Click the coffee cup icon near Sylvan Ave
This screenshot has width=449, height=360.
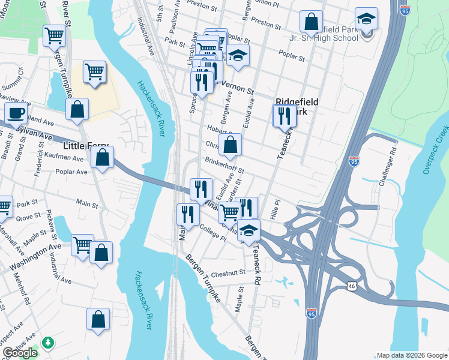pos(16,112)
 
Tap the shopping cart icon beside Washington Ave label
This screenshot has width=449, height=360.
pos(82,244)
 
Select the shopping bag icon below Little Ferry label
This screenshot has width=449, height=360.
pos(103,158)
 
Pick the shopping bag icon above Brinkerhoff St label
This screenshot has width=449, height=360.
pos(230,144)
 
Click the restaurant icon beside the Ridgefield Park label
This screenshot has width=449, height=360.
pos(285,115)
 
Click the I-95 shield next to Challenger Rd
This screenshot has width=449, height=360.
pos(354,161)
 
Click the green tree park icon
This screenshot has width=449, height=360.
pos(47,343)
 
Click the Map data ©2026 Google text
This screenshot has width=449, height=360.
pos(411,355)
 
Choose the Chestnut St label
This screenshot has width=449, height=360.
pos(228,272)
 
